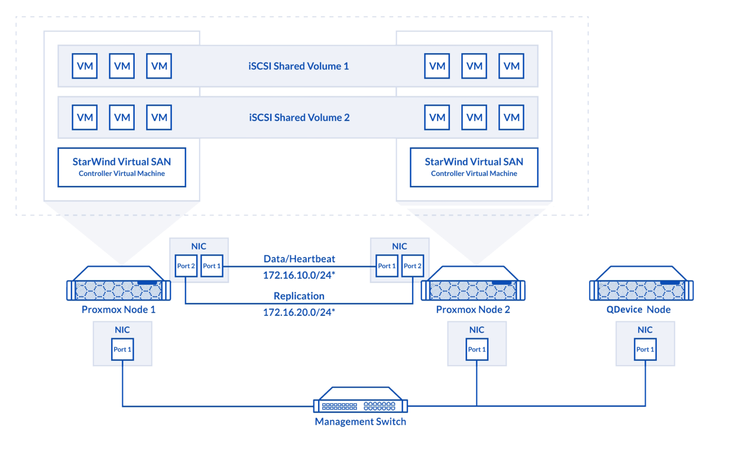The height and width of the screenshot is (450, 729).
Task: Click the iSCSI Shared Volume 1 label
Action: (x=299, y=66)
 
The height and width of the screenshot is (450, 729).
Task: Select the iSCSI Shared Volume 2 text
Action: (x=299, y=118)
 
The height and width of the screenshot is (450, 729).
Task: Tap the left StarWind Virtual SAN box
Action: (x=121, y=167)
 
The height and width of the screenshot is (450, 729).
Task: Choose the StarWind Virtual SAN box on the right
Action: (x=474, y=167)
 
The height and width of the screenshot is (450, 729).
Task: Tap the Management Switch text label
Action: (x=360, y=422)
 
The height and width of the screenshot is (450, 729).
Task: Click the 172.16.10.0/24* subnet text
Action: (x=299, y=275)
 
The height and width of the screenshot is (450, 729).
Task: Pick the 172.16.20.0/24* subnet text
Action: (x=299, y=312)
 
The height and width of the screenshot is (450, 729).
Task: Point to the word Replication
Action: (x=299, y=296)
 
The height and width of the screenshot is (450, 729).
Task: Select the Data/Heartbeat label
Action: (x=299, y=259)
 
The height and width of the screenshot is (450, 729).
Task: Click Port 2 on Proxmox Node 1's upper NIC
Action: (x=186, y=266)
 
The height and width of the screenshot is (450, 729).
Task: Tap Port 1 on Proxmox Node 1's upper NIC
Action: (x=212, y=266)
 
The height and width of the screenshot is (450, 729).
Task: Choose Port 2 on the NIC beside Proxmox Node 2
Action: (x=412, y=266)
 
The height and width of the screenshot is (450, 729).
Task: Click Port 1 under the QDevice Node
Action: (x=645, y=349)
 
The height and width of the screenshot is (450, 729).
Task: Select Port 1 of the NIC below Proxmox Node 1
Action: (x=122, y=349)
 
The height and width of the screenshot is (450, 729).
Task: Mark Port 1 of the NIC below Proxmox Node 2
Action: (x=477, y=349)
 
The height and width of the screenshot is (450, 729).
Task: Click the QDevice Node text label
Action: (x=638, y=310)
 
